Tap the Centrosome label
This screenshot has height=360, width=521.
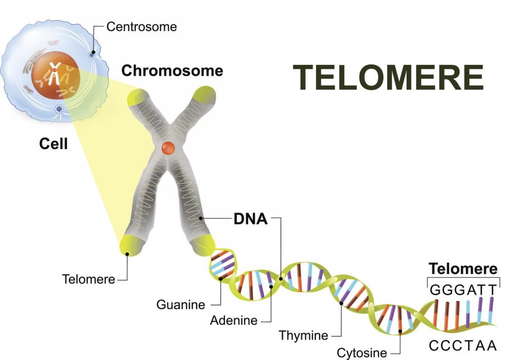click(x=141, y=27)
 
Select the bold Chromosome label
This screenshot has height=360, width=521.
click(x=172, y=71)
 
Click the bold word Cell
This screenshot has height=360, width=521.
click(x=53, y=144)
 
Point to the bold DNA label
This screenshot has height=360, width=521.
click(x=251, y=219)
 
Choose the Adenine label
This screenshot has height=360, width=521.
click(x=234, y=321)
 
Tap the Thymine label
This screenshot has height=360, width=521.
click(x=304, y=336)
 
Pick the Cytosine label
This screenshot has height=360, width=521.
click(x=362, y=353)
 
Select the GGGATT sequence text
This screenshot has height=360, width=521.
click(x=464, y=289)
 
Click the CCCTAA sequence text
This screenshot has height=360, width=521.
click(x=463, y=346)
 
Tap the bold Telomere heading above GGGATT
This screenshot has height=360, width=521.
click(x=463, y=269)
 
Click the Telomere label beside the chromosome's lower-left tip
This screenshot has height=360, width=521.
click(x=89, y=279)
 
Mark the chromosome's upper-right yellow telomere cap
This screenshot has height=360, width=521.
click(x=205, y=95)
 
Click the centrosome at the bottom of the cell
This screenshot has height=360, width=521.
click(x=59, y=109)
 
